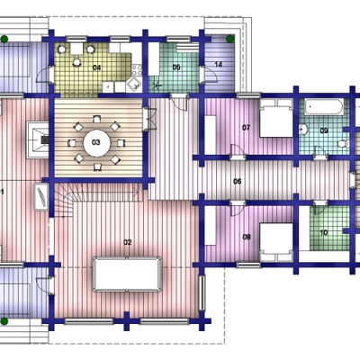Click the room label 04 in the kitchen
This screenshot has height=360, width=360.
(96, 67)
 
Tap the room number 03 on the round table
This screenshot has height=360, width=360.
(96, 142)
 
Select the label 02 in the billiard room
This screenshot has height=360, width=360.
(128, 242)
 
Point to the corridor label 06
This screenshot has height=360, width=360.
(238, 181)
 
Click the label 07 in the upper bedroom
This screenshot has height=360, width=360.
(246, 128)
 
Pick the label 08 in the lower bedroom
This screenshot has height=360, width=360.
(247, 237)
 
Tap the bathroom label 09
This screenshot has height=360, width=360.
(324, 130)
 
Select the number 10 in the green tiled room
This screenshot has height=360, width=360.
(324, 232)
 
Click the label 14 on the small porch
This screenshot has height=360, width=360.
(219, 64)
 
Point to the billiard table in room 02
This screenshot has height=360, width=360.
(127, 274)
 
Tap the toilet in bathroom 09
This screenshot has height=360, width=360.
(343, 143)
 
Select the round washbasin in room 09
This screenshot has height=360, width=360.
(304, 130)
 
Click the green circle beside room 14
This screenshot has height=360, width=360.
(230, 39)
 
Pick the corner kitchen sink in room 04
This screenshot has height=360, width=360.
(134, 85)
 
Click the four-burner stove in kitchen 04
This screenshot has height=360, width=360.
(137, 70)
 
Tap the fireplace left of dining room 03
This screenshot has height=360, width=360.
(38, 139)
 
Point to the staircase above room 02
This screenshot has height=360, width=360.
(97, 199)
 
